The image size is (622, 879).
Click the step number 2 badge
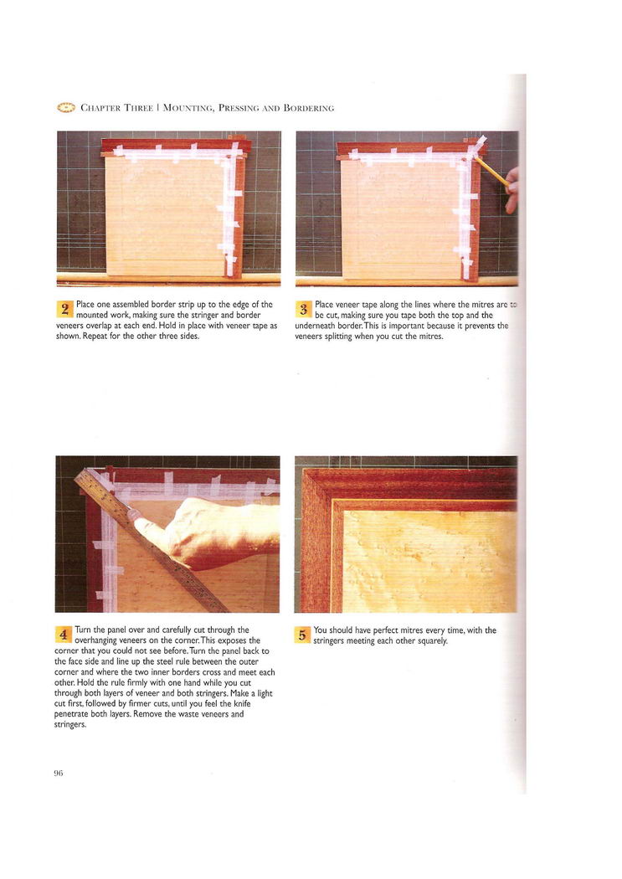pyautogui.click(x=65, y=309)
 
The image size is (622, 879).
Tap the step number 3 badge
pyautogui.click(x=303, y=309)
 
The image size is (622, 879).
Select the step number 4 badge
pyautogui.click(x=64, y=635)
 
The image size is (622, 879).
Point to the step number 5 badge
pyautogui.click(x=302, y=635)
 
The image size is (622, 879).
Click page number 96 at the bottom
pyautogui.click(x=59, y=773)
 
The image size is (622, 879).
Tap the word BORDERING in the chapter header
pyautogui.click(x=309, y=108)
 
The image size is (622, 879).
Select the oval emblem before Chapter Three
pyautogui.click(x=66, y=108)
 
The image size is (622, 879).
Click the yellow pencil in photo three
pyautogui.click(x=491, y=171)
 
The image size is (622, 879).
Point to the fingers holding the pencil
pyautogui.click(x=511, y=191)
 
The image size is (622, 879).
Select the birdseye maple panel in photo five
pyautogui.click(x=429, y=561)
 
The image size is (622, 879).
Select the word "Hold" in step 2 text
pyautogui.click(x=168, y=326)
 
